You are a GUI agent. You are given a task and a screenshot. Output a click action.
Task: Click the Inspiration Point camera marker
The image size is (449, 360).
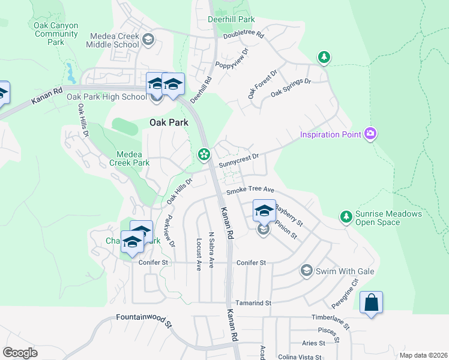point(370,133)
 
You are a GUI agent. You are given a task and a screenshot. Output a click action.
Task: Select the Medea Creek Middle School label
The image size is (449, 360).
point(112,41)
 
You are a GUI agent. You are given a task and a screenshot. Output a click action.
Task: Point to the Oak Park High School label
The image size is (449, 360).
point(106,97)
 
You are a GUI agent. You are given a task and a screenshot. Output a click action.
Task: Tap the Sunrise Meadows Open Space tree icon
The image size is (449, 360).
point(346,215)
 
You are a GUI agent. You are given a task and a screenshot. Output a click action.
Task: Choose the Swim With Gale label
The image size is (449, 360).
point(346,271)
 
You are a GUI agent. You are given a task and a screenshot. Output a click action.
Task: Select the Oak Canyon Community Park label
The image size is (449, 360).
point(56,34)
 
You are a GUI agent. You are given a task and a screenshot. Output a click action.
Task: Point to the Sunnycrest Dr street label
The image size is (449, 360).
point(238,160)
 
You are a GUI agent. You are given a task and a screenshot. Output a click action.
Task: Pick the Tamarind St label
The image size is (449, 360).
point(253,303)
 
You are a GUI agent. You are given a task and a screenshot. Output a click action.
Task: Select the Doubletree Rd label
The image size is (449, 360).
point(244,35)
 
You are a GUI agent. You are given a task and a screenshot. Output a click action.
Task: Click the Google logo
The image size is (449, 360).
point(20,353)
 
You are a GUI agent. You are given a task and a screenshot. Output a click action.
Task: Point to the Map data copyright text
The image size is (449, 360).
point(424,355)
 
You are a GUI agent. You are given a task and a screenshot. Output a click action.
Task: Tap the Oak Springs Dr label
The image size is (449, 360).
point(291,88)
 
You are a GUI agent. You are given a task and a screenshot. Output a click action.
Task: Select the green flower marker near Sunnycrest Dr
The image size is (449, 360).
point(204,155)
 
